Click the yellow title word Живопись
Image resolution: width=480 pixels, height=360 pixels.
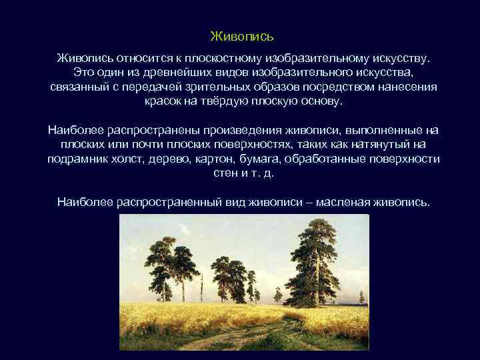242,35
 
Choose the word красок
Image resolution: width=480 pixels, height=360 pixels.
163,102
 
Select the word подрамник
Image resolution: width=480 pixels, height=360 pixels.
77,159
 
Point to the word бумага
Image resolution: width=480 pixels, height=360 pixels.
258,159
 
